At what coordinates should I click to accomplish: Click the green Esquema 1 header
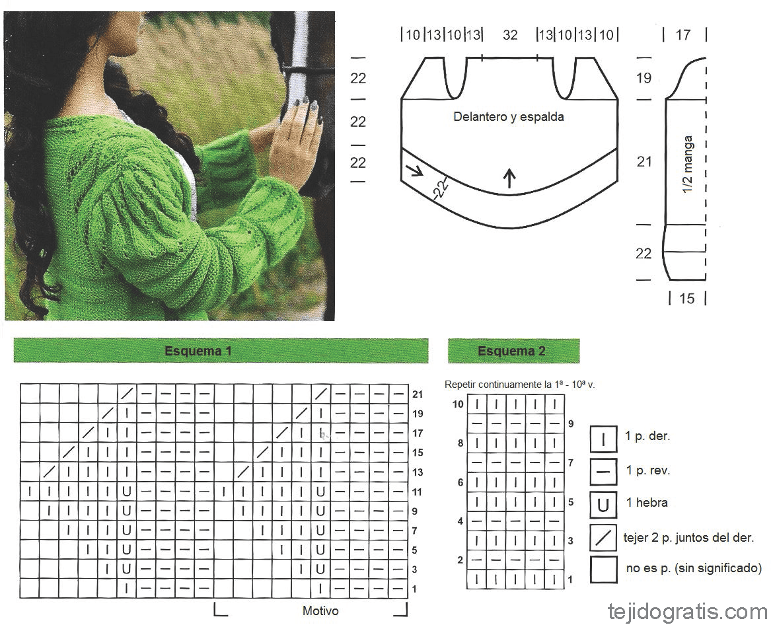pos(221,350)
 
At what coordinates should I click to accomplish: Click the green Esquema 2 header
pos(513,350)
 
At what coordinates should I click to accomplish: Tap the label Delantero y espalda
pos(508,117)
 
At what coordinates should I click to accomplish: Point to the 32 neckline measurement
pos(510,34)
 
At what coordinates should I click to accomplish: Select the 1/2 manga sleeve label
pos(688,165)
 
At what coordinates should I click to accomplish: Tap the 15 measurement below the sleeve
pos(686,298)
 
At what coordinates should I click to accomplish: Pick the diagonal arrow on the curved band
pos(415,170)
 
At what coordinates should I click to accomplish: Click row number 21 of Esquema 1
pos(418,394)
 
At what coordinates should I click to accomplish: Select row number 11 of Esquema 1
pos(418,492)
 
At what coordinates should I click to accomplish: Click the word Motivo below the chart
pos(320,610)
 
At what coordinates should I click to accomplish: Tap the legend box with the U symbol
pos(603,505)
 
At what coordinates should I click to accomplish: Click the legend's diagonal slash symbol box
pos(603,537)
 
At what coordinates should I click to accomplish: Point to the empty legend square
pos(603,570)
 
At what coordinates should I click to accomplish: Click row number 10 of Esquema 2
pos(458,404)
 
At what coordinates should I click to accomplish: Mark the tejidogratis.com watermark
pos(688,612)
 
